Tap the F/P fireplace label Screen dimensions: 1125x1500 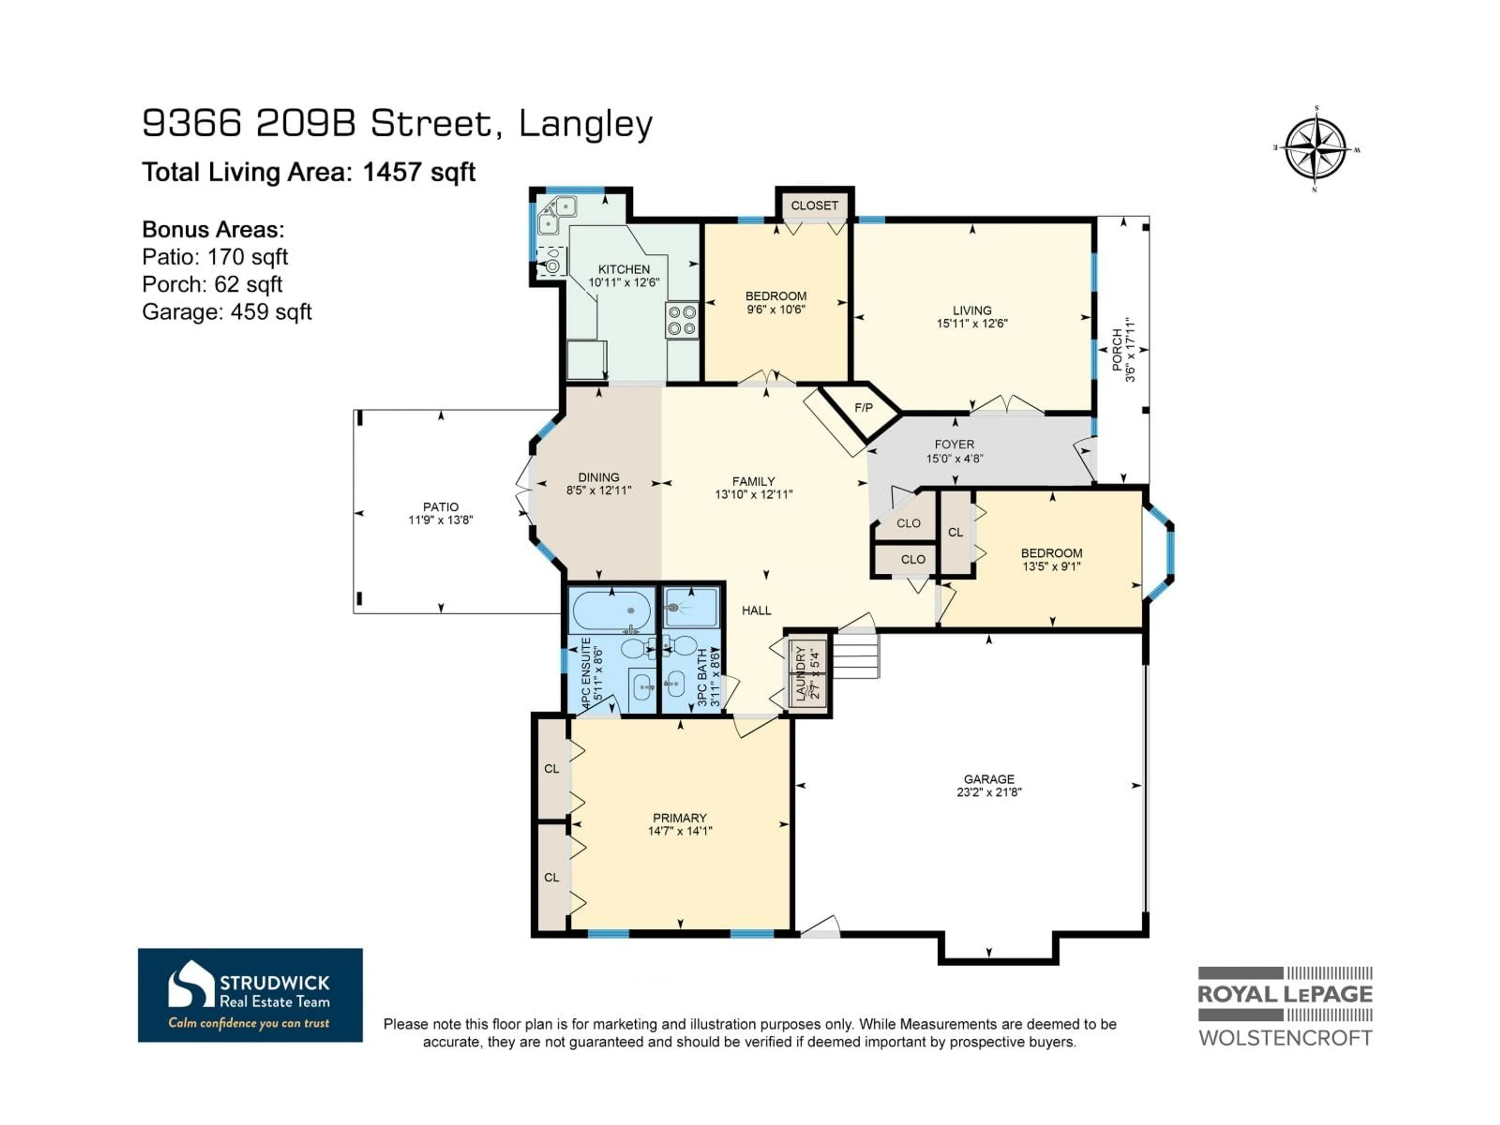tap(863, 407)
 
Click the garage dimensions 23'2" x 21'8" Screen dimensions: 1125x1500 tap(989, 792)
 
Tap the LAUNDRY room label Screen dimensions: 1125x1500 tap(801, 673)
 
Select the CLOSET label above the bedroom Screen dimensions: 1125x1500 tap(814, 205)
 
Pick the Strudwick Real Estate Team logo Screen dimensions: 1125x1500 tap(250, 995)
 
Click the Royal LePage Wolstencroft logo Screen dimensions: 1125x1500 tap(1285, 1006)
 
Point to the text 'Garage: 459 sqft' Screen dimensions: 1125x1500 tap(227, 312)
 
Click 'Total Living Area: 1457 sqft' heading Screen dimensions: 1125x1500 tap(309, 172)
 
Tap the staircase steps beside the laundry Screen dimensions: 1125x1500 tap(856, 656)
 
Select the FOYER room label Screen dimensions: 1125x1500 tap(954, 444)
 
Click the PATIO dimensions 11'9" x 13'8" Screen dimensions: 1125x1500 tap(440, 520)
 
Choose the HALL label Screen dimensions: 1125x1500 tap(756, 610)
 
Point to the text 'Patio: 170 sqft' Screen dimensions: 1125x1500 tap(215, 257)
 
